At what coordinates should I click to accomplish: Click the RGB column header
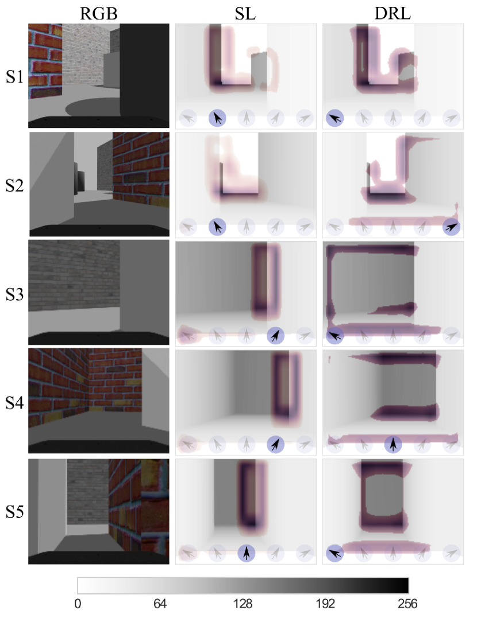[99, 13]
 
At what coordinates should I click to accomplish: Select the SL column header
[245, 13]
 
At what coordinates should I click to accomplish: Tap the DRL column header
[393, 13]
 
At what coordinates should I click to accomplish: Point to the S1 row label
[14, 76]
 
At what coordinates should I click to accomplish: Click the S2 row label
[14, 185]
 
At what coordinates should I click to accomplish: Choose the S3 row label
[14, 294]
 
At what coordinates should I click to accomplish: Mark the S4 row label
[14, 403]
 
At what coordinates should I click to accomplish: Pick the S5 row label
[14, 512]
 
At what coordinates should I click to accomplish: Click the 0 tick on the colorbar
[78, 604]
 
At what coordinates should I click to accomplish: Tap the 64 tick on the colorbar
[160, 604]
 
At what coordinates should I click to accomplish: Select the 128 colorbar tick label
[243, 604]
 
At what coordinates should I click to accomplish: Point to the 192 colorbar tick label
[325, 604]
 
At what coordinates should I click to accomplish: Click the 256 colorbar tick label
[407, 604]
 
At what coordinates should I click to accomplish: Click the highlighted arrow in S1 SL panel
[217, 118]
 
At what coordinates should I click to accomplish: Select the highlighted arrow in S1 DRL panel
[335, 118]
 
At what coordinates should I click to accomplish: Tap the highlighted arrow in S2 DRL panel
[451, 227]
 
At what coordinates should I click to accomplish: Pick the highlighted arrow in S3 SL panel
[276, 336]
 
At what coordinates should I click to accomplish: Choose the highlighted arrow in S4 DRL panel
[393, 444]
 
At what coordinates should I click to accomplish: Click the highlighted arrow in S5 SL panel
[247, 553]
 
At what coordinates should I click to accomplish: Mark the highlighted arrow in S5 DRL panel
[335, 553]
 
